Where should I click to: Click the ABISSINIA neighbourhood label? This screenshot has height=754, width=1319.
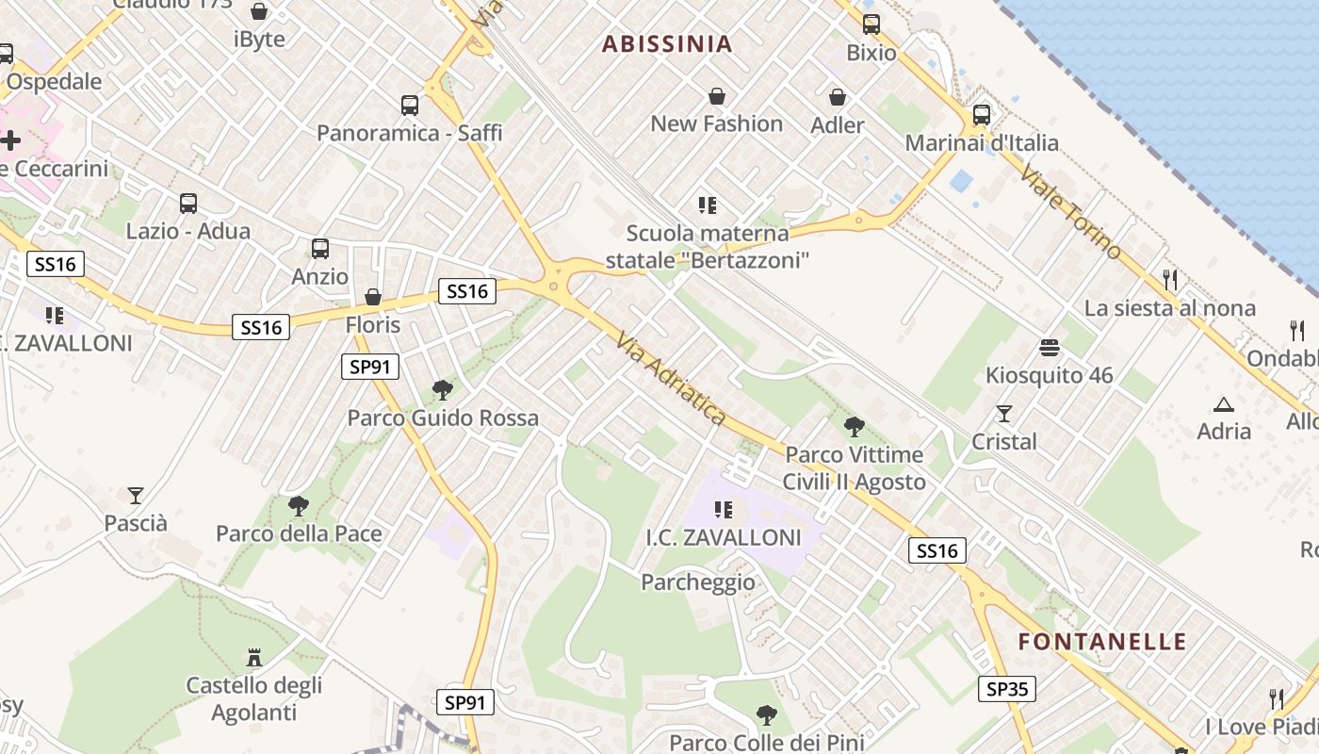click(667, 44)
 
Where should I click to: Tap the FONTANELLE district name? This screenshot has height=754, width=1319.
click(1102, 642)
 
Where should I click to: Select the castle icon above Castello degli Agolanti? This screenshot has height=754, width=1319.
click(253, 657)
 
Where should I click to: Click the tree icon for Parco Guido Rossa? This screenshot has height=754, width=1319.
click(442, 389)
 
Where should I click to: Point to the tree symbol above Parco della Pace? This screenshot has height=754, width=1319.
click(299, 506)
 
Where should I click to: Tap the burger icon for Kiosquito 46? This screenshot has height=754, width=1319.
click(1050, 348)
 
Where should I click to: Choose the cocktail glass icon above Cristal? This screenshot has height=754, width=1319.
click(1004, 414)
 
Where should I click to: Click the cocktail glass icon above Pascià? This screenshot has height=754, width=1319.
click(136, 495)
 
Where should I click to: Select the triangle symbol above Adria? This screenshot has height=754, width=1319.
click(1224, 404)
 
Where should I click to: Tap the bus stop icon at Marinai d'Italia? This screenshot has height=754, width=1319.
click(981, 115)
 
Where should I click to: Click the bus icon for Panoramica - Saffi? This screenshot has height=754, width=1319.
click(409, 105)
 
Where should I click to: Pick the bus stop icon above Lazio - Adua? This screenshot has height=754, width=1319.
click(188, 203)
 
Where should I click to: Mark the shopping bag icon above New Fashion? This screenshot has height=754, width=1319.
click(717, 96)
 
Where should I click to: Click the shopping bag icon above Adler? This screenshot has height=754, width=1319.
click(837, 97)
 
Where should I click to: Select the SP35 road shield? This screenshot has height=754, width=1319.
click(1006, 689)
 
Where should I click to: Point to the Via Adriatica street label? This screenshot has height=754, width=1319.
click(671, 378)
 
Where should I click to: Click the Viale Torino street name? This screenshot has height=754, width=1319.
click(1071, 213)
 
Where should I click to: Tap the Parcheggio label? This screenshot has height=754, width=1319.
click(698, 582)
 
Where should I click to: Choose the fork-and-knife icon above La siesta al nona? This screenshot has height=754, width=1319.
click(1170, 280)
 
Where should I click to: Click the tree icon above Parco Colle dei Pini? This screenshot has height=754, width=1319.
click(767, 715)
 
